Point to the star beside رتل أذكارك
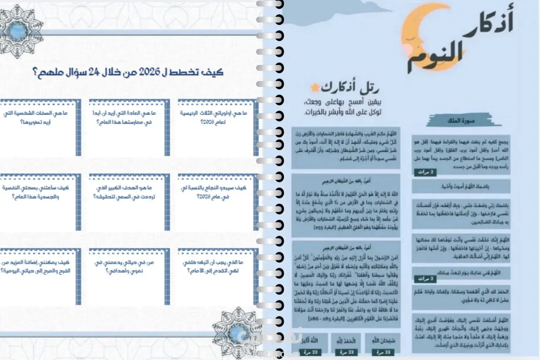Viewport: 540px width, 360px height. click(314, 88)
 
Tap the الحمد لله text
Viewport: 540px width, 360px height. click(344, 340)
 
